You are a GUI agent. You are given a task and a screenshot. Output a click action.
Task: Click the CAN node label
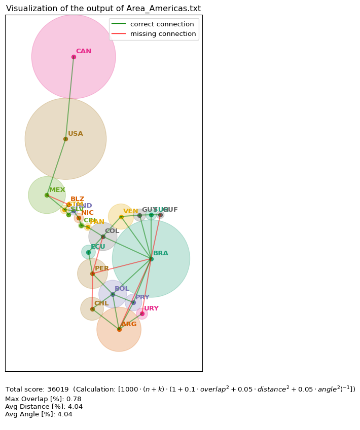84,51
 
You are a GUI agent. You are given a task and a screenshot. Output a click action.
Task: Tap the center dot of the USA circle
65,139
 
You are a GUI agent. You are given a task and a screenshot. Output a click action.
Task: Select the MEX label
57,190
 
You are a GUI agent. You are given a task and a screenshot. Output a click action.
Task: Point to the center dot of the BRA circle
151,259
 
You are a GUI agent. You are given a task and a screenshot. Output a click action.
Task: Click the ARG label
129,324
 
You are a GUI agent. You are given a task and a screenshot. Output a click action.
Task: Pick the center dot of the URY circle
142,314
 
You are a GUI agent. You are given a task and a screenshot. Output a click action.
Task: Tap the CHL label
101,303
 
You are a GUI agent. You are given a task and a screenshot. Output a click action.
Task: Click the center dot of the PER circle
92,273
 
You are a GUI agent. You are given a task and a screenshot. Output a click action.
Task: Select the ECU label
98,247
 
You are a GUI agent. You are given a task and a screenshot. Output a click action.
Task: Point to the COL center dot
103,237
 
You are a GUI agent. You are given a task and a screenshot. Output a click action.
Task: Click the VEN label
131,211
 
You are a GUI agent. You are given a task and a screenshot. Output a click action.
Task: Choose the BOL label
122,289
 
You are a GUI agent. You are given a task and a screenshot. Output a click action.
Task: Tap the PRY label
142,297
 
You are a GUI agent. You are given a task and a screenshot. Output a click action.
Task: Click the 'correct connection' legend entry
162,24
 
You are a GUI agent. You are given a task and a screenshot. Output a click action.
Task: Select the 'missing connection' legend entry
163,34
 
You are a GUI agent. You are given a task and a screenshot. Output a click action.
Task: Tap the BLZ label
78,199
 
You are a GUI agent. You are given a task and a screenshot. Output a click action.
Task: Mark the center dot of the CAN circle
74,57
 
